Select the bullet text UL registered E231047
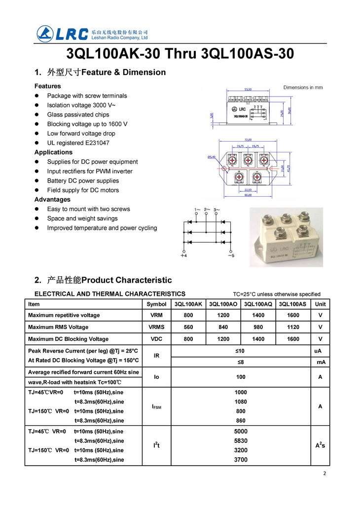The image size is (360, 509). tap(78, 143)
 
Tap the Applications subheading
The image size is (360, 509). tap(53, 152)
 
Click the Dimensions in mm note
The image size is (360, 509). tap(303, 87)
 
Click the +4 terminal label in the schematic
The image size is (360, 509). tap(183, 255)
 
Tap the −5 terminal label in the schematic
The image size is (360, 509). tap(231, 255)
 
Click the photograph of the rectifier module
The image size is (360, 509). tap(286, 237)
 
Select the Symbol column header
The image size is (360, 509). tap(156, 304)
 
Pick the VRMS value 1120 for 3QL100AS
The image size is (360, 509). tap(293, 327)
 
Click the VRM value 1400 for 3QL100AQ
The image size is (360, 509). tap(258, 315)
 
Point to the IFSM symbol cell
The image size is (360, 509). tap(156, 407)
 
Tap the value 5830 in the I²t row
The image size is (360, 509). tap(241, 440)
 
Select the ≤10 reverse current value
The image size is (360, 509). tap(241, 351)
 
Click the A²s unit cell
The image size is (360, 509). tap(320, 445)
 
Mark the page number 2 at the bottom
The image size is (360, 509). tap(324, 473)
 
